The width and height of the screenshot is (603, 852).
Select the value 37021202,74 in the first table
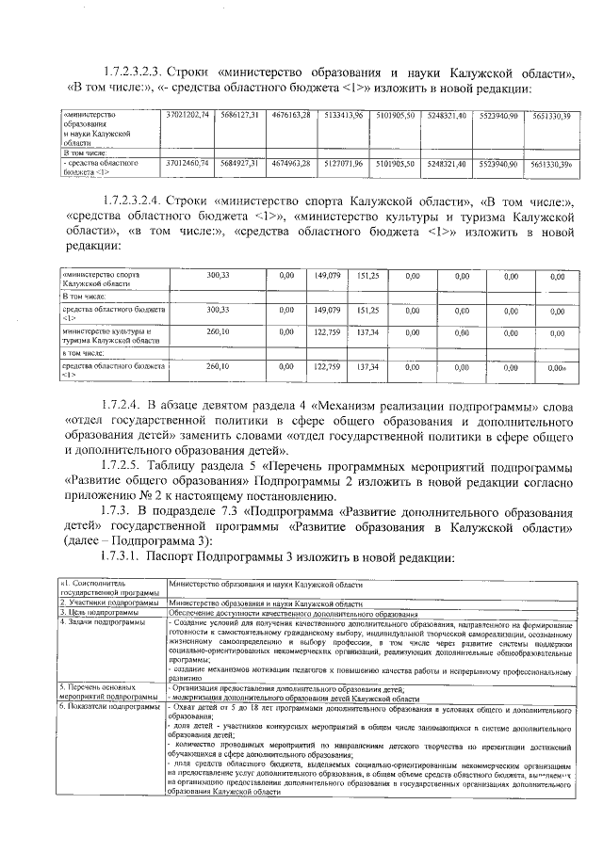point(187,115)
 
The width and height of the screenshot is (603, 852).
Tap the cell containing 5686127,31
point(241,115)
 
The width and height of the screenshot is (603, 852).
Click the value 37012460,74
point(187,163)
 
